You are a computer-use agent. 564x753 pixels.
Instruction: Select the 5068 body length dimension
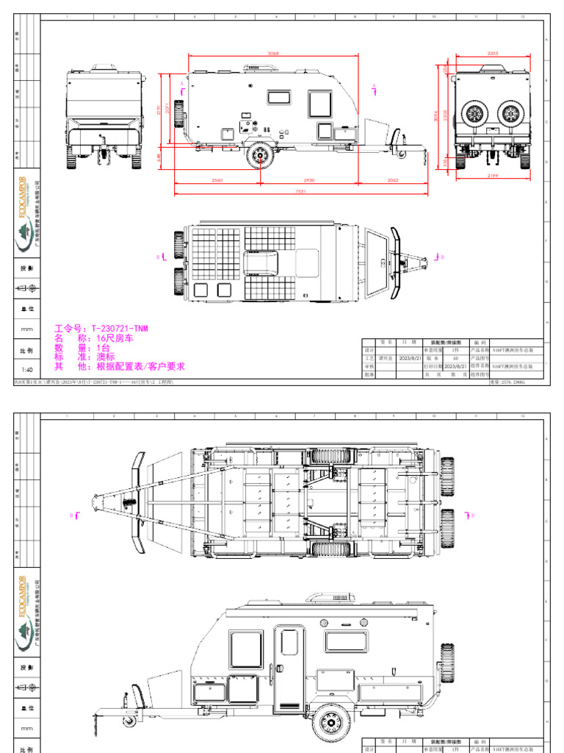click(273, 53)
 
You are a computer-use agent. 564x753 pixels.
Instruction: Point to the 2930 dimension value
click(308, 179)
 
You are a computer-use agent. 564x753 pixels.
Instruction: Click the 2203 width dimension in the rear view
click(493, 53)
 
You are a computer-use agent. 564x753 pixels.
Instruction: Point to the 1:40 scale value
click(27, 370)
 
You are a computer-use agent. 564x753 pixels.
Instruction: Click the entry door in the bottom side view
click(289, 669)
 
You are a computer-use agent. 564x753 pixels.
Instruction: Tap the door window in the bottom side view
click(289, 642)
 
